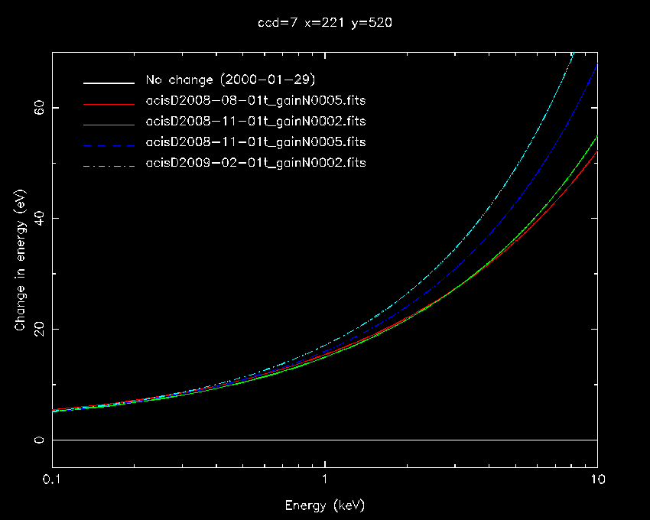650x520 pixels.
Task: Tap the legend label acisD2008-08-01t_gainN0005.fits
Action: [255, 102]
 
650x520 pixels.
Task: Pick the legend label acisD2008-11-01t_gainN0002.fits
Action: [255, 122]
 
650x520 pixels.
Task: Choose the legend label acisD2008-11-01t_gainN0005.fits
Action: [255, 142]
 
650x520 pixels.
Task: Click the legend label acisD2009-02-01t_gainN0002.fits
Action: [255, 162]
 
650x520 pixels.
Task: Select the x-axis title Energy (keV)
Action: [325, 505]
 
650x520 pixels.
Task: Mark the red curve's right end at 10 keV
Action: [596, 151]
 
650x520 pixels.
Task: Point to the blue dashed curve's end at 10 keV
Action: [596, 64]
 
